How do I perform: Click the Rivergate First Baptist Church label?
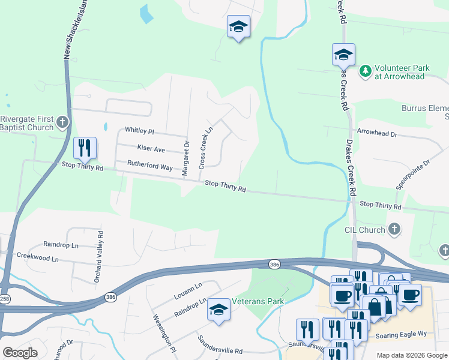[x=26, y=123]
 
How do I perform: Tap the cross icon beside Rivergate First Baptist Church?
[x=62, y=123]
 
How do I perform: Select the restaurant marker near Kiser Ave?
[x=85, y=148]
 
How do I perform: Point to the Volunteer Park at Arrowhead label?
[x=402, y=72]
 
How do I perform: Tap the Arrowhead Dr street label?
[x=377, y=134]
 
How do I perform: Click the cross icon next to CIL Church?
[x=394, y=229]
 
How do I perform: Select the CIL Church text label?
[x=364, y=230]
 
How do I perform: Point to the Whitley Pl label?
[x=139, y=131]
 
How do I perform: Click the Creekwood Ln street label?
[x=38, y=259]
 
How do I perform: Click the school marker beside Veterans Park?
[x=218, y=311]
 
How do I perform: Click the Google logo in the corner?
[x=20, y=353]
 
